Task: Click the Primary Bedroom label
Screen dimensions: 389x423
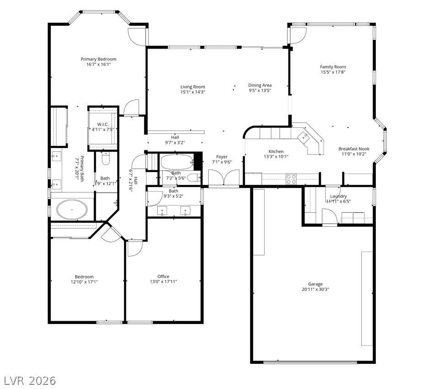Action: (x=98, y=59)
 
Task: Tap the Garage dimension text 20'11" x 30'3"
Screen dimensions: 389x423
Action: (x=315, y=290)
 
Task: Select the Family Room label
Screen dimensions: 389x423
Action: (x=333, y=67)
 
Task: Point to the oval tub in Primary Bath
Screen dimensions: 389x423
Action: (x=72, y=210)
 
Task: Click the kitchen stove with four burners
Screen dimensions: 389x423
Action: (x=291, y=179)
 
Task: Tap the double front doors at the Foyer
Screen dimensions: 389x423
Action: (x=224, y=177)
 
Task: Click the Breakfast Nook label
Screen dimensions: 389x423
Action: (x=354, y=149)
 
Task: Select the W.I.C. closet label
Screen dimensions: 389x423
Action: (x=103, y=124)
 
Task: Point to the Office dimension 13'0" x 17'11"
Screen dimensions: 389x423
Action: (x=163, y=282)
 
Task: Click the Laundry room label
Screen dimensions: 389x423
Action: (x=338, y=196)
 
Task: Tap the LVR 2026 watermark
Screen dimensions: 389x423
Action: (x=30, y=381)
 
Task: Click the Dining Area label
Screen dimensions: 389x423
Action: (x=260, y=85)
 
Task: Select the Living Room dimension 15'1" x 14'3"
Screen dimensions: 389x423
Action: (x=193, y=92)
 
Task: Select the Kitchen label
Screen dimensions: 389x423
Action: (x=276, y=151)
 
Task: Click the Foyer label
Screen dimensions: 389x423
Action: (x=222, y=157)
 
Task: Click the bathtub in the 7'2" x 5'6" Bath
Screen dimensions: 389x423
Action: (x=177, y=162)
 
